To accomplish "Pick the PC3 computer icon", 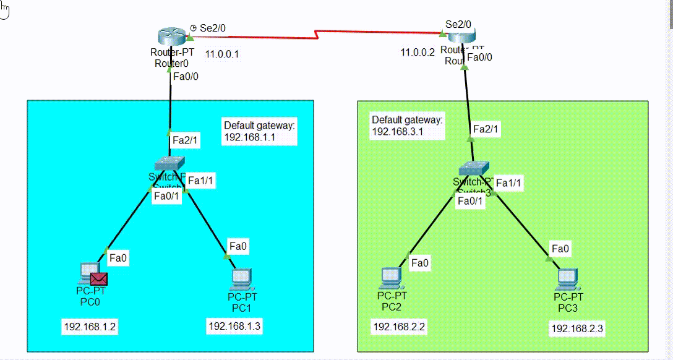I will tap(567, 279).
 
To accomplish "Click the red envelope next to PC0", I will tap(99, 280).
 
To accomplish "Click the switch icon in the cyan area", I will tap(170, 163).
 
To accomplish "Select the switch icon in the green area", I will tap(474, 168).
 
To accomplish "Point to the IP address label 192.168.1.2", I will tap(89, 326).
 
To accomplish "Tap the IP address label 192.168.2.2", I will tap(398, 326).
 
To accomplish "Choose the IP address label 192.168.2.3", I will tap(577, 328).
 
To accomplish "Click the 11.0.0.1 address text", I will tap(222, 54).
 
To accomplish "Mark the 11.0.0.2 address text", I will tap(418, 53).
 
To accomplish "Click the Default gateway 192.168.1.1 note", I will tap(259, 131).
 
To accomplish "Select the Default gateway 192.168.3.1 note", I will tap(407, 125).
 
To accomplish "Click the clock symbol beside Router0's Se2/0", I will tap(193, 28).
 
